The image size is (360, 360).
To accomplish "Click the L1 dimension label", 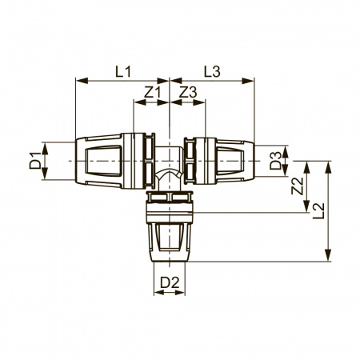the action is [123, 72].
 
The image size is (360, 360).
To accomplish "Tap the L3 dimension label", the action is [212, 72].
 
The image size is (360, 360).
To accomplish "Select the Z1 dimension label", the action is [153, 93].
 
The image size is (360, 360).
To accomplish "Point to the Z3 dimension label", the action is [188, 93].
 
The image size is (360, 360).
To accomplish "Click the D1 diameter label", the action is [35, 161].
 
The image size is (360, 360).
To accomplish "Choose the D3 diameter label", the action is [275, 161].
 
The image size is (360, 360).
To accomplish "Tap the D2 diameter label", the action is [170, 282].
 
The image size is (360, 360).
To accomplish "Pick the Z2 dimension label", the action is [297, 186].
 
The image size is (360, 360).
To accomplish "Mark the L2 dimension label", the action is [318, 210].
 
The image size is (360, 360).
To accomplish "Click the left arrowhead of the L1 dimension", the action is [82, 81].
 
